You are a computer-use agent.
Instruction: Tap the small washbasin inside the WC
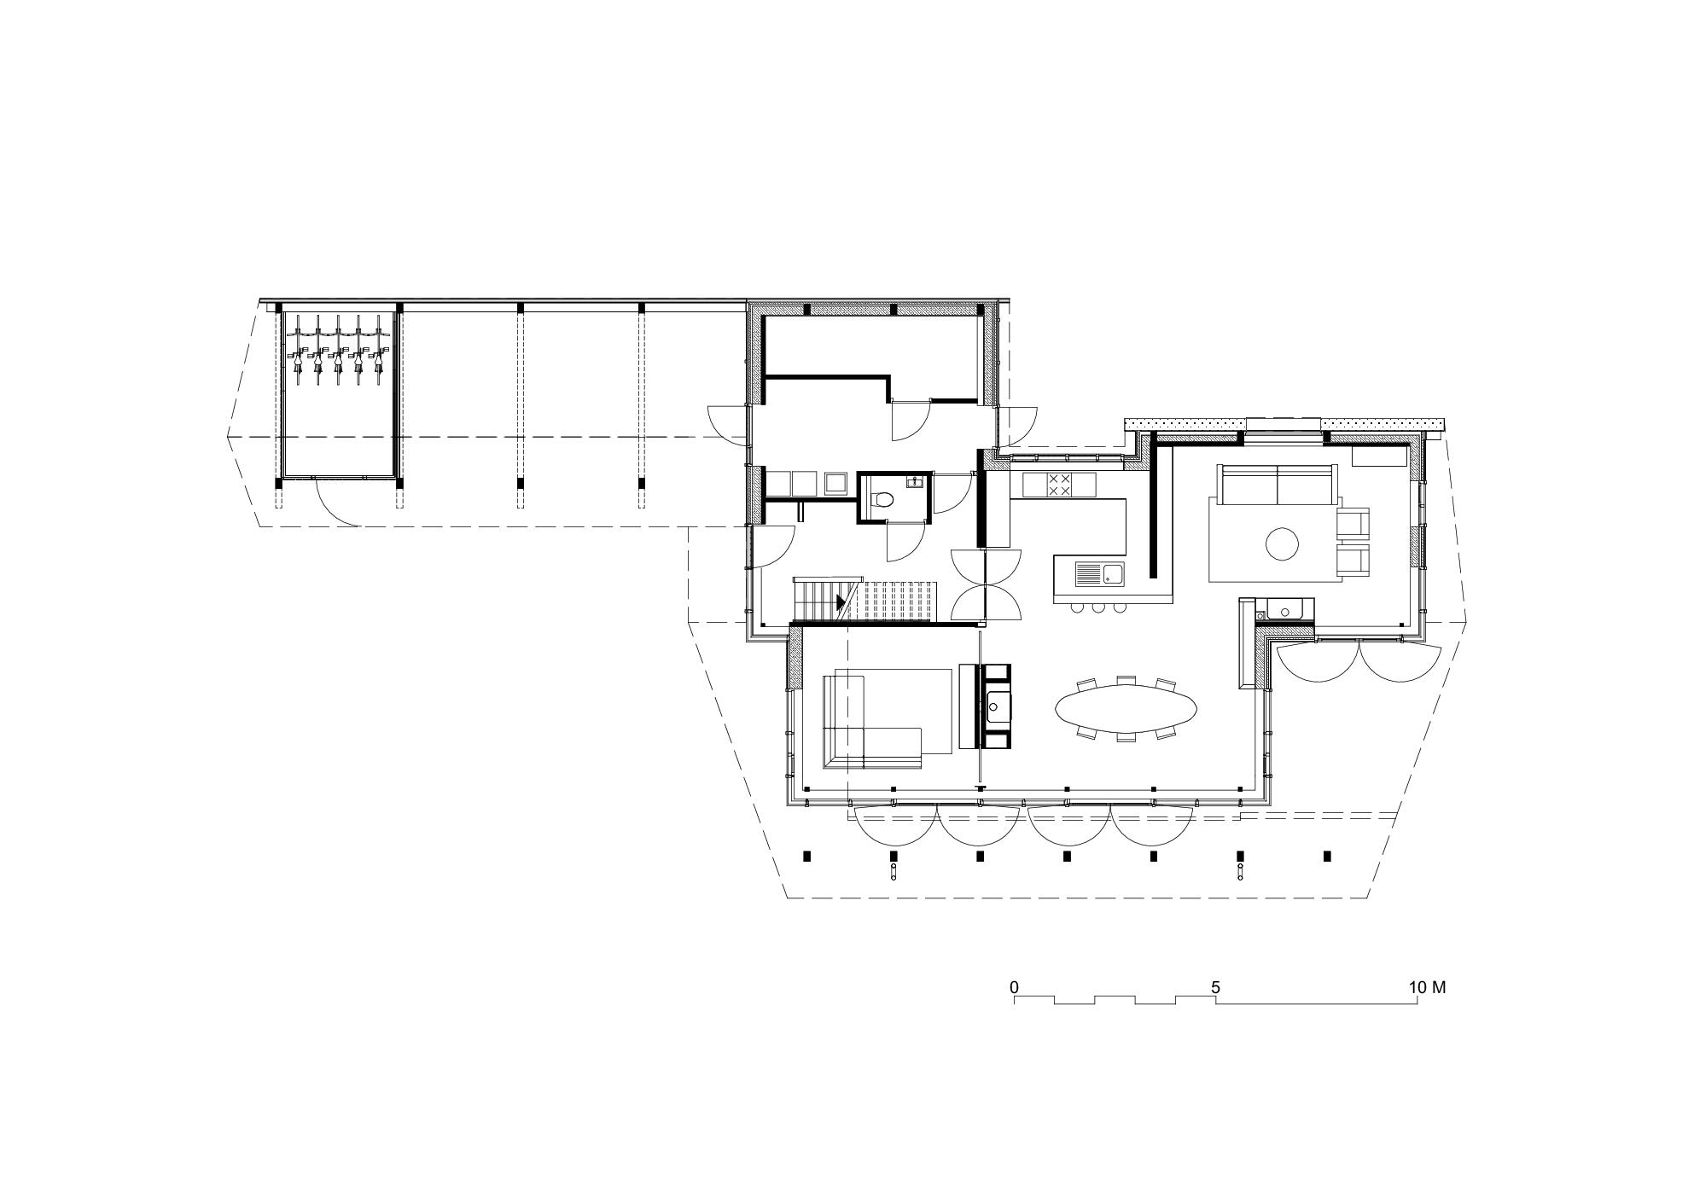coord(915,482)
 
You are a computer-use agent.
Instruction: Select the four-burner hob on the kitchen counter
coord(1059,485)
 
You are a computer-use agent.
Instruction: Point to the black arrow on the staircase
coord(841,602)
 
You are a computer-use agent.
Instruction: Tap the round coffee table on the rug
coord(1282,543)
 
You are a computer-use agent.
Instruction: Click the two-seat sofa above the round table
coord(1278,485)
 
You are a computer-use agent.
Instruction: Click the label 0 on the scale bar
coord(1014,987)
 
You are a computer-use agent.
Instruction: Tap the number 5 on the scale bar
coord(1215,987)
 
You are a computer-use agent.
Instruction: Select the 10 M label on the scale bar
coord(1427,987)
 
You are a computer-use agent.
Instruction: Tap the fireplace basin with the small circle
coord(997,706)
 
